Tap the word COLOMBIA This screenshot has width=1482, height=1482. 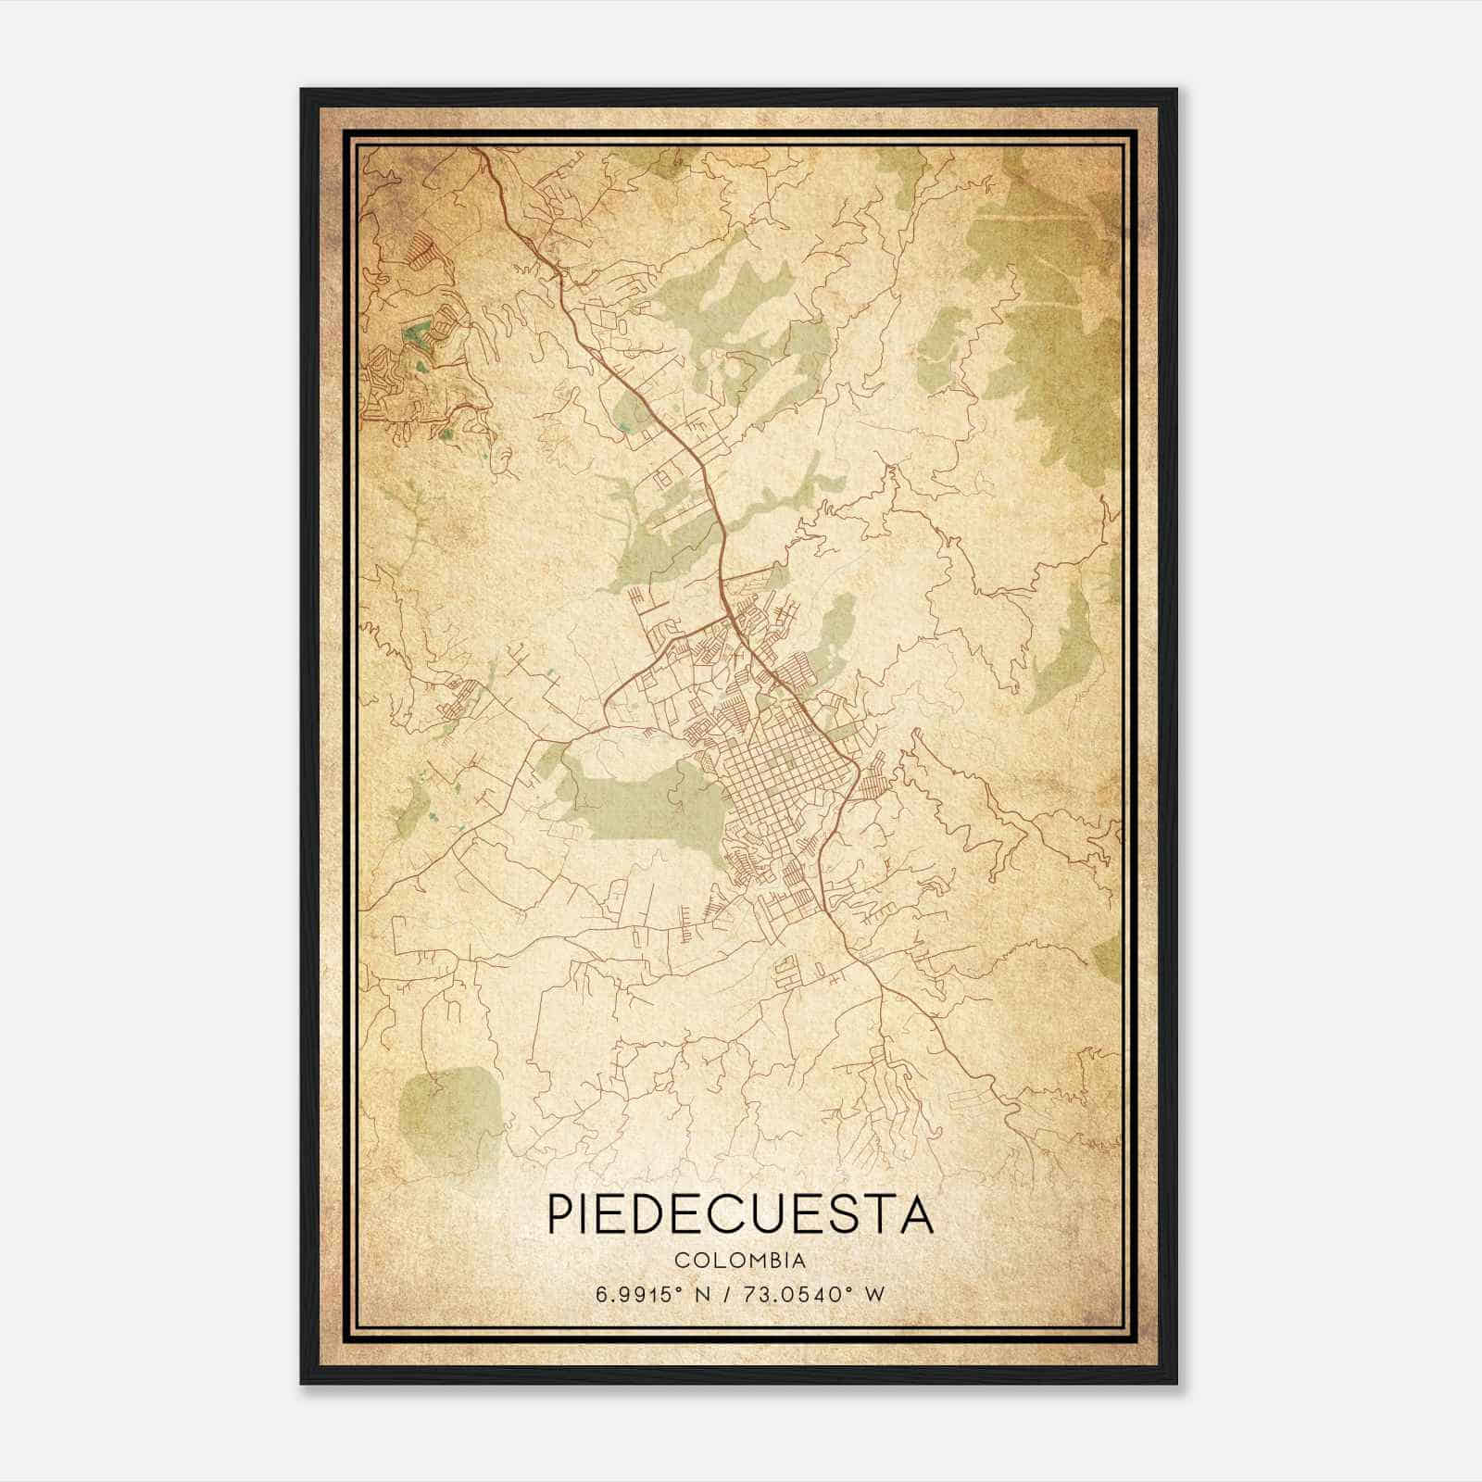click(740, 1261)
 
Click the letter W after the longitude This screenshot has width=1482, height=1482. click(874, 1294)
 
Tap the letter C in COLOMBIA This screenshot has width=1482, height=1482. click(682, 1261)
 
